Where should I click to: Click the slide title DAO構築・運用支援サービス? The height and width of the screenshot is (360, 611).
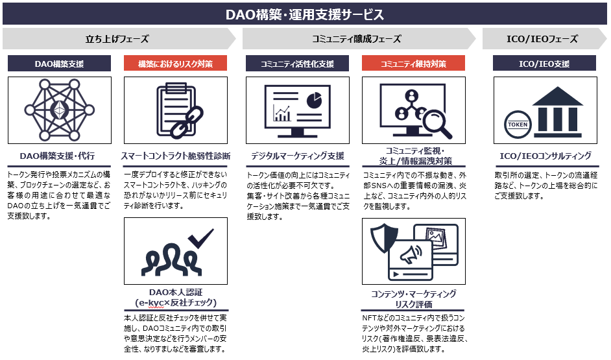coord(305,14)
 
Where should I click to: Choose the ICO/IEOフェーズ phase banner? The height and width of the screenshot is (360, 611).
coord(542,39)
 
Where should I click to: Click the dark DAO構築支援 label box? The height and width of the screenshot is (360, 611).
coord(59,64)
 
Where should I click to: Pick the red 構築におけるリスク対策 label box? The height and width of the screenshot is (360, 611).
coord(175,64)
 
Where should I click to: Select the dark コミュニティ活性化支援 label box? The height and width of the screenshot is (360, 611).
coord(297,64)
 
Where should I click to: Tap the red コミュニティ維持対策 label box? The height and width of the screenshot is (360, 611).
coord(413,64)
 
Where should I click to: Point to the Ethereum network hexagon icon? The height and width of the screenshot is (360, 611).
coord(59,111)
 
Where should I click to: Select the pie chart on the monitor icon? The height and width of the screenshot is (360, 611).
coord(315,99)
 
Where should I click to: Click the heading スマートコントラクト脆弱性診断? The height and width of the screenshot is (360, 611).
coord(175,156)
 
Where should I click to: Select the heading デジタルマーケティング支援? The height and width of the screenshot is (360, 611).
coord(297,156)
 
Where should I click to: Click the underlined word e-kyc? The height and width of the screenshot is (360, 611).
coord(151,303)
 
